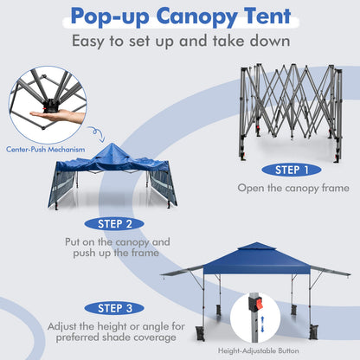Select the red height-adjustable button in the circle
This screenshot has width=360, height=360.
pos(255,305)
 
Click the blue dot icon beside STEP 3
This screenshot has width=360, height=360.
pos(90,306)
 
